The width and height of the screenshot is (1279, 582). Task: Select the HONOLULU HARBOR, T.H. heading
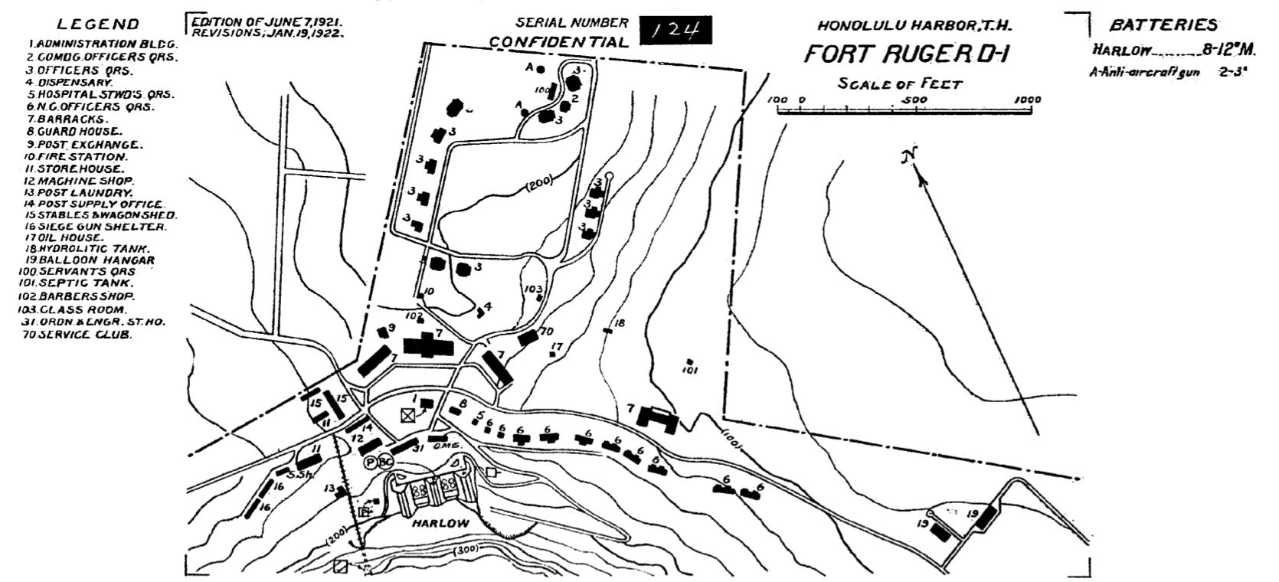click(914, 25)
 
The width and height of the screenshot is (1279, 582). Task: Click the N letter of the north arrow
click(909, 157)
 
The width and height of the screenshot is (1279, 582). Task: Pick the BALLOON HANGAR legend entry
click(90, 260)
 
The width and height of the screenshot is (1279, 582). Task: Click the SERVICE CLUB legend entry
click(77, 335)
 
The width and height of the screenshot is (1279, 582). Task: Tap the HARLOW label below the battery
click(435, 523)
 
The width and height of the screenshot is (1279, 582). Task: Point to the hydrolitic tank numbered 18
click(608, 330)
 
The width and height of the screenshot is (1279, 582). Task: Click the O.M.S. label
click(444, 446)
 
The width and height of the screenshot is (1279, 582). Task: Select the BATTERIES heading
click(1163, 25)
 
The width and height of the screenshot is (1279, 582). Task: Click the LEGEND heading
click(98, 25)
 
